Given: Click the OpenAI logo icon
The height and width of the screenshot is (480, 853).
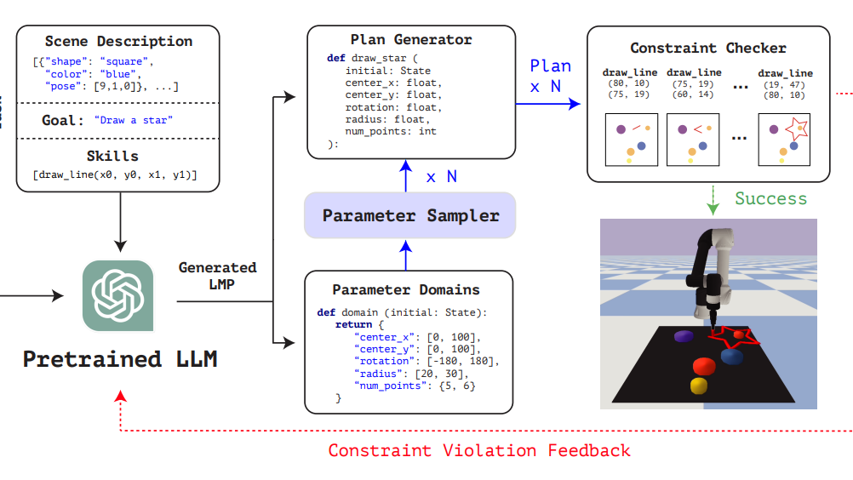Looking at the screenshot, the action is [x=118, y=295].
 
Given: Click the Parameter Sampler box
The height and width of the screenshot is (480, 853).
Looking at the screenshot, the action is [x=409, y=215].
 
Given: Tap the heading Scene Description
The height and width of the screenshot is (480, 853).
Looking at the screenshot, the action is [x=118, y=42].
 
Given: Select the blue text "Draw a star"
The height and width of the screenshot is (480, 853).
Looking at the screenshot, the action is [x=134, y=120].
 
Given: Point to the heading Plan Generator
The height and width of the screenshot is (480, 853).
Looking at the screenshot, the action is [x=411, y=40].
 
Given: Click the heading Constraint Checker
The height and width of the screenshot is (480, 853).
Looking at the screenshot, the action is [x=708, y=48].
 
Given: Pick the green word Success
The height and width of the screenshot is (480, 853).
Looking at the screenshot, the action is [x=771, y=198].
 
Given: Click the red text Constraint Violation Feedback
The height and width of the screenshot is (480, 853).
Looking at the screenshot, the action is [x=479, y=451].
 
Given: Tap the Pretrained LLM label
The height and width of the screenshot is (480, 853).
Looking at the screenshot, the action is [x=120, y=359].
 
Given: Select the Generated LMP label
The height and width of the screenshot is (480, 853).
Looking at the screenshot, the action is [x=218, y=276].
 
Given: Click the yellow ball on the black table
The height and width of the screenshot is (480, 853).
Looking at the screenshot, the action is [x=699, y=386].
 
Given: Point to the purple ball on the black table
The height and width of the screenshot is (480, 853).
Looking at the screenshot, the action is [x=684, y=336].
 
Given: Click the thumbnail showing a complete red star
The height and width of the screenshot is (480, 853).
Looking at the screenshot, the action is [x=784, y=140].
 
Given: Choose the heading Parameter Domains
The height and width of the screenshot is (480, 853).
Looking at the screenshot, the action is [x=406, y=289].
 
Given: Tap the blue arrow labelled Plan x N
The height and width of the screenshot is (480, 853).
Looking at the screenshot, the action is [x=548, y=103].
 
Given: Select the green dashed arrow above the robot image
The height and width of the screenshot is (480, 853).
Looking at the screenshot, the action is [x=713, y=200].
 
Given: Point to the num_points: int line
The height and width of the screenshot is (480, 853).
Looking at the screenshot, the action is [x=391, y=131].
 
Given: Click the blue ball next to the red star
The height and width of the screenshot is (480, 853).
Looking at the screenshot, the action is [x=732, y=357].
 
